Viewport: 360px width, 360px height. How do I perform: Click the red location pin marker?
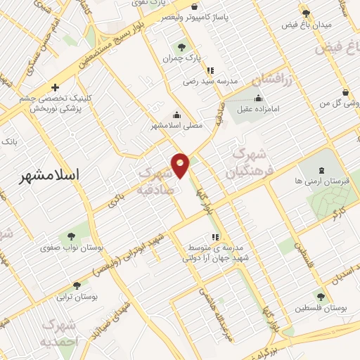pyautogui.click(x=181, y=165)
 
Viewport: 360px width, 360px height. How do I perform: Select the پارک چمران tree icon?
pyautogui.click(x=181, y=47)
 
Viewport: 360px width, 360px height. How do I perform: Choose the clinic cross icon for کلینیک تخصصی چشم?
pyautogui.click(x=55, y=88)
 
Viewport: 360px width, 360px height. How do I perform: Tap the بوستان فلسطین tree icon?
pyautogui.click(x=320, y=297)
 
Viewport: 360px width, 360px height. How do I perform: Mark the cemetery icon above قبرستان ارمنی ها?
pyautogui.click(x=321, y=169)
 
